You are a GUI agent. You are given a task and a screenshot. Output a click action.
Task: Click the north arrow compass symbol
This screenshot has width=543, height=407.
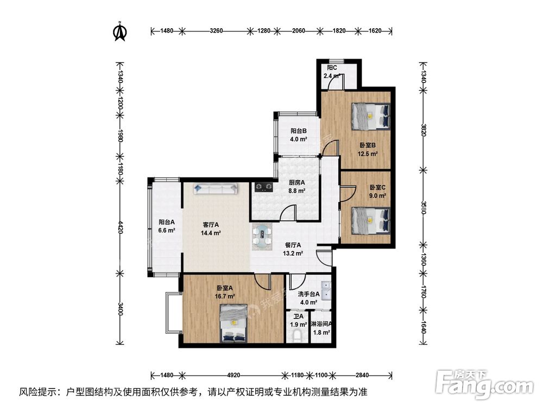[x=119, y=33]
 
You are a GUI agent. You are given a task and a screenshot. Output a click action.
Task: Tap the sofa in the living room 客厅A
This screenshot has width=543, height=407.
[x=215, y=189]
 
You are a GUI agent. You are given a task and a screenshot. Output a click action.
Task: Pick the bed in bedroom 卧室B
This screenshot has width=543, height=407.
[x=370, y=116]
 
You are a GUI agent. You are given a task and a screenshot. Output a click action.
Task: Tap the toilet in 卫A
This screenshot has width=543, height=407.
[x=296, y=336]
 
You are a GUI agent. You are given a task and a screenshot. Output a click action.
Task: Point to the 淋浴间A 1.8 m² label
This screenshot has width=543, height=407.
[x=321, y=328]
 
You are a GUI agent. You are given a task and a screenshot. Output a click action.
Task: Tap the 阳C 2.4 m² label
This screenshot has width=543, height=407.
[x=332, y=72]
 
